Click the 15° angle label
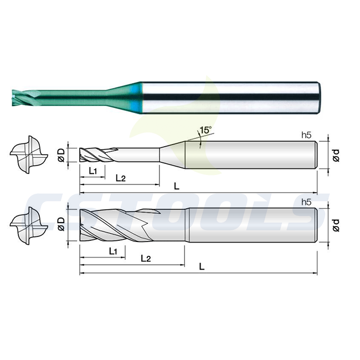tap(205, 130)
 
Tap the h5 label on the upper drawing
tap(306, 136)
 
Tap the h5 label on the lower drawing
tap(306, 202)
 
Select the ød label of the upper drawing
tap(336, 156)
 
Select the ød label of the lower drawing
tap(336, 225)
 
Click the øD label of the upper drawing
tap(61, 155)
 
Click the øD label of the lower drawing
tap(61, 224)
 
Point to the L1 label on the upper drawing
tap(92, 171)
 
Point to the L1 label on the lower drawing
tap(113, 251)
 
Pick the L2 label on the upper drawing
tap(121, 178)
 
